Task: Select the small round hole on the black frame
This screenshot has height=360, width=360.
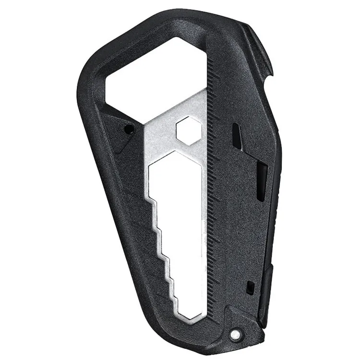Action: click(128, 130)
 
